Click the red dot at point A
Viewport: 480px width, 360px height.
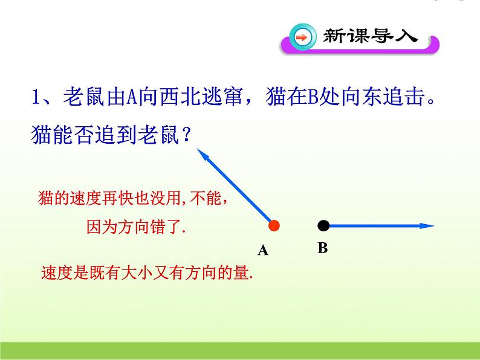[274, 226]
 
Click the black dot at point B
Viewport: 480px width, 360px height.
[323, 226]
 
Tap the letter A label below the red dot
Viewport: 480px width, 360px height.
[262, 250]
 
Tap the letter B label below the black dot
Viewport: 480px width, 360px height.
[322, 248]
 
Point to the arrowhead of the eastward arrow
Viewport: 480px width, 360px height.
[427, 226]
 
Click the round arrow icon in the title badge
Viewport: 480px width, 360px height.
[302, 38]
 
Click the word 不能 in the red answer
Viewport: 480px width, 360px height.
[208, 198]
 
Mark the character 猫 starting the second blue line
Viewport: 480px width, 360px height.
[40, 135]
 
